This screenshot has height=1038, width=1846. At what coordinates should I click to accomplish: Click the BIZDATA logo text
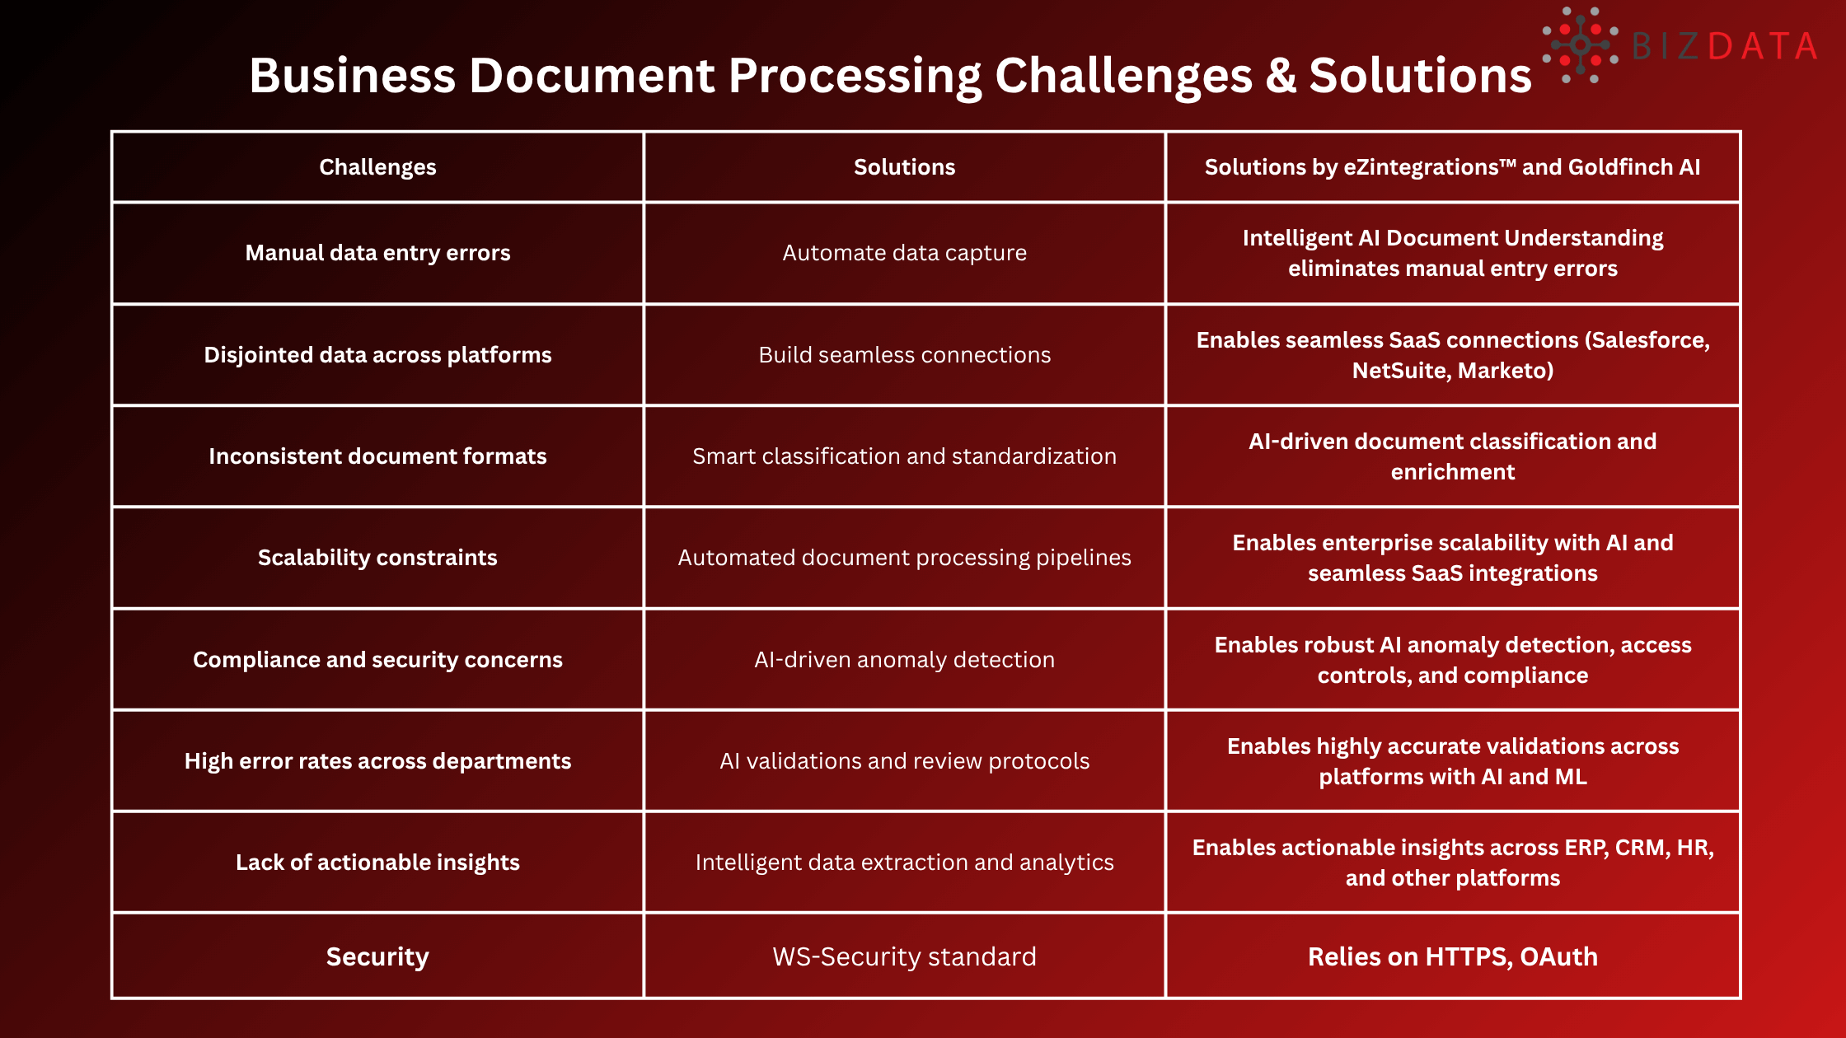(x=1724, y=46)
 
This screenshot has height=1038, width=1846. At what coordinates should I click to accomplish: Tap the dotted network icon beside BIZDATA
(x=1580, y=45)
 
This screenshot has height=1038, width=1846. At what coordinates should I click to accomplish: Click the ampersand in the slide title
(x=1281, y=76)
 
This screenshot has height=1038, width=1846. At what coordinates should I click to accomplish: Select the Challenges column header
(x=377, y=167)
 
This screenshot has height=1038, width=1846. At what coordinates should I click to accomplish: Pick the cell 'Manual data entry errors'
(x=377, y=253)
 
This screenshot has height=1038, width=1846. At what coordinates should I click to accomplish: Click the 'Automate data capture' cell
(x=904, y=253)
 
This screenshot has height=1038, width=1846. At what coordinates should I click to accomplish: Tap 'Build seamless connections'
(x=904, y=355)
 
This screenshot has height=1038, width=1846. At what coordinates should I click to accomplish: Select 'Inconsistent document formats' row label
(x=377, y=456)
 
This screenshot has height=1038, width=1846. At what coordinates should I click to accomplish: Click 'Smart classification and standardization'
(x=904, y=456)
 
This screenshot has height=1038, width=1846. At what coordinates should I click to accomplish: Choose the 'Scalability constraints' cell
(x=377, y=558)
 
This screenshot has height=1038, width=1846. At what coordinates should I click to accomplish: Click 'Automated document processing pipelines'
(x=904, y=558)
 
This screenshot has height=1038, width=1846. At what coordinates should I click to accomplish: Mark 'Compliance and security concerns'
(x=377, y=660)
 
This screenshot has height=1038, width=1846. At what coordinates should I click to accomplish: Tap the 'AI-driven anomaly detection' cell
(x=904, y=660)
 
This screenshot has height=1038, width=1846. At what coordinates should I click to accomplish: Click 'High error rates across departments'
(x=377, y=761)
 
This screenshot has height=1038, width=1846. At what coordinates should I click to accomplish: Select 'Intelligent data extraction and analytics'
(x=904, y=863)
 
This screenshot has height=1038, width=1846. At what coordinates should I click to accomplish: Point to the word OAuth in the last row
(x=1558, y=956)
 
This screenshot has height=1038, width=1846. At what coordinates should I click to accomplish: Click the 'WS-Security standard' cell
(x=904, y=956)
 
